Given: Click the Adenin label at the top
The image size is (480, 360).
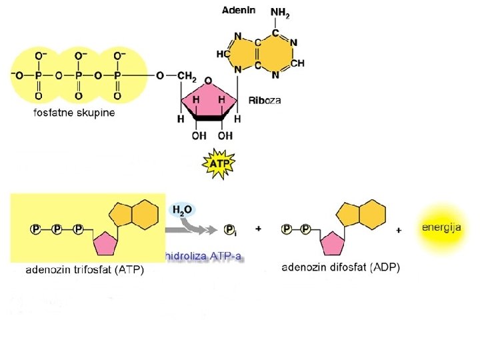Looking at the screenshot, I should [x=238, y=11].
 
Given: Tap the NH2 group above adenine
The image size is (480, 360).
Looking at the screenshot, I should [x=280, y=13].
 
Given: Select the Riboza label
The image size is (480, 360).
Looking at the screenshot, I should [x=265, y=101].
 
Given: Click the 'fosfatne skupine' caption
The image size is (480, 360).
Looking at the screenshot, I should [x=74, y=113].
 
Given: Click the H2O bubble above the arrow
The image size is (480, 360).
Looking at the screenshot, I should [x=182, y=210].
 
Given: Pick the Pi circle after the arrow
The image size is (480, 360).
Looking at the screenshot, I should [x=230, y=229].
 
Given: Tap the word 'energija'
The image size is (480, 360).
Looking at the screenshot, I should [x=441, y=228].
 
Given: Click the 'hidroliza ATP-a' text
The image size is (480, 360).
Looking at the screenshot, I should [x=203, y=255].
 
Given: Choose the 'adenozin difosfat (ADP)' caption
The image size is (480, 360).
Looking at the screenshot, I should [x=340, y=268].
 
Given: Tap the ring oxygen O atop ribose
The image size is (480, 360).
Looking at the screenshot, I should [x=208, y=80].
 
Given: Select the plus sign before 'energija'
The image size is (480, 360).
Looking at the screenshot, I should [x=399, y=229].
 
